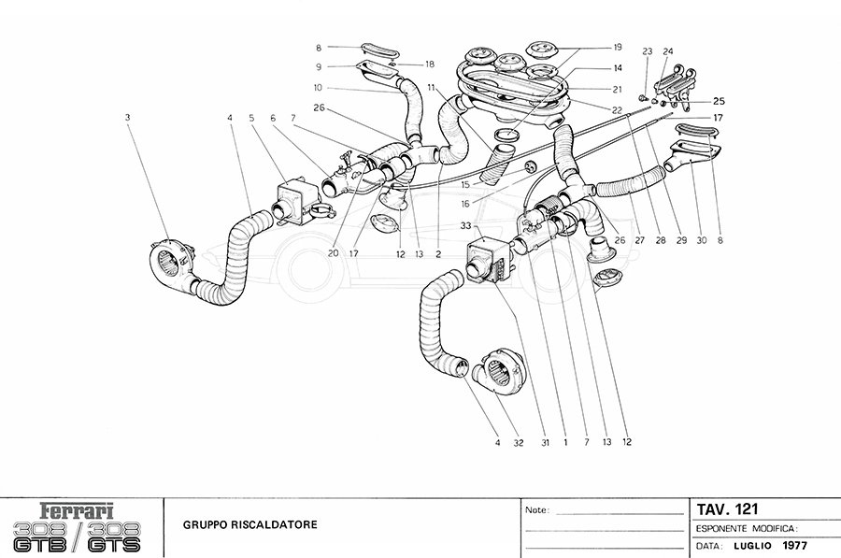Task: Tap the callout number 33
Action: click(x=464, y=226)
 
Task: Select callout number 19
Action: click(x=618, y=46)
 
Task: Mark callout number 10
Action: click(x=319, y=90)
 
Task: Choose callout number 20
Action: click(x=332, y=253)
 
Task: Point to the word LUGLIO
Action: click(x=750, y=545)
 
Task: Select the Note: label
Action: click(x=539, y=511)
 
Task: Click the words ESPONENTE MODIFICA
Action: click(x=744, y=528)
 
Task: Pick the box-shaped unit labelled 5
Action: click(x=292, y=199)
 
